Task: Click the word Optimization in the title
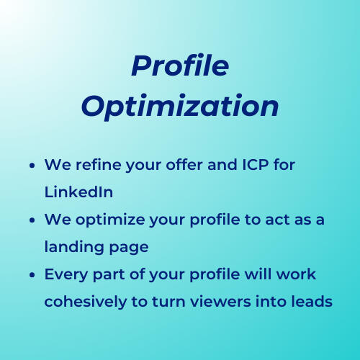(x=179, y=106)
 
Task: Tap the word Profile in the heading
(x=179, y=66)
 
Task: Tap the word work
(x=297, y=274)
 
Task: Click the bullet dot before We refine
(x=33, y=166)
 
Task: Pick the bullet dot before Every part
(x=33, y=275)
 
